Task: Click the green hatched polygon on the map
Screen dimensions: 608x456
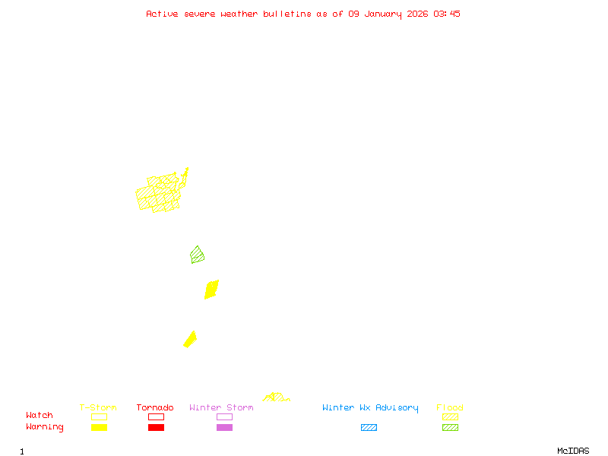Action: click(198, 255)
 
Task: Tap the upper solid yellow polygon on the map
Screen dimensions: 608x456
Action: click(211, 290)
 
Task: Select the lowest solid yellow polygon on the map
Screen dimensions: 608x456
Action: click(190, 339)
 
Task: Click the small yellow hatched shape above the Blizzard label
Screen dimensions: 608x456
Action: click(275, 397)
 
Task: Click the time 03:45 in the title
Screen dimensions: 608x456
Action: click(447, 14)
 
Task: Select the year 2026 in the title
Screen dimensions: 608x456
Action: click(418, 14)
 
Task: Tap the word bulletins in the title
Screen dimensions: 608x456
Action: click(287, 14)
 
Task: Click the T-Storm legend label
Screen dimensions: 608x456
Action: click(98, 408)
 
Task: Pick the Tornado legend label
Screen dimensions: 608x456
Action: click(155, 408)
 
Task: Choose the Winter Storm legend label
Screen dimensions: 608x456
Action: click(221, 408)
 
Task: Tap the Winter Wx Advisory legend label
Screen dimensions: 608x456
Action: click(370, 408)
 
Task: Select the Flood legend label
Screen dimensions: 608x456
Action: click(450, 408)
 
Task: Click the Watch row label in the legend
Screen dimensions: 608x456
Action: click(40, 416)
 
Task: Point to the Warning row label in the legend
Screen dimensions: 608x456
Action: click(45, 427)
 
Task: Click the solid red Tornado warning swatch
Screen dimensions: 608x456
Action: click(156, 428)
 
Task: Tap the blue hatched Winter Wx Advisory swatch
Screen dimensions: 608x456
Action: click(369, 428)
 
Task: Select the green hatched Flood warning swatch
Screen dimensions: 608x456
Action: click(450, 428)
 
